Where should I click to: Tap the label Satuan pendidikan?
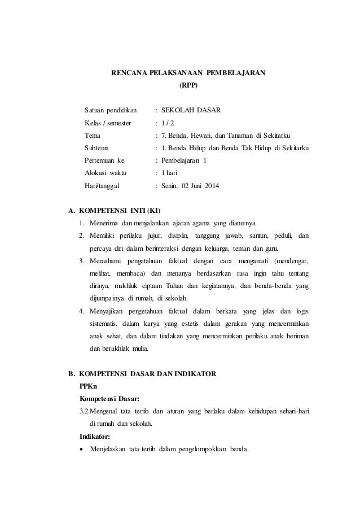pyautogui.click(x=111, y=109)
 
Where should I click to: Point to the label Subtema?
pyautogui.click(x=97, y=147)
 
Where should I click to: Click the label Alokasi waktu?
pyautogui.click(x=106, y=173)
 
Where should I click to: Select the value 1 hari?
pyautogui.click(x=169, y=173)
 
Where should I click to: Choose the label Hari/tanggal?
pyautogui.click(x=106, y=186)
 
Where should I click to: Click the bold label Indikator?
pyautogui.click(x=97, y=436)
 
